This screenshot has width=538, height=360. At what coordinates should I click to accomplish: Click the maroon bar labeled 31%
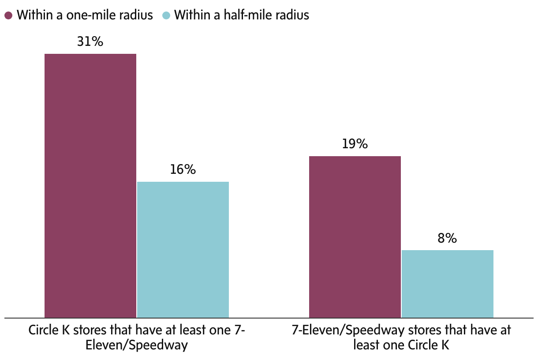(90, 185)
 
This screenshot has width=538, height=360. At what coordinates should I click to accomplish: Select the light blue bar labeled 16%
(183, 249)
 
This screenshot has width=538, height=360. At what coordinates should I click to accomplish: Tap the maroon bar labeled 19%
(355, 236)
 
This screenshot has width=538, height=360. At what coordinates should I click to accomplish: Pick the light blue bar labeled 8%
(447, 284)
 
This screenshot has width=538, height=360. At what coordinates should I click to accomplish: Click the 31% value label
(90, 42)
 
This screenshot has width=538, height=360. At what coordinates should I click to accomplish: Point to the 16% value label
(183, 170)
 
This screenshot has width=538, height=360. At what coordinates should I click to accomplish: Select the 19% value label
(355, 144)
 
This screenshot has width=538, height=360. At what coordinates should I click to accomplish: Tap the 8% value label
(447, 239)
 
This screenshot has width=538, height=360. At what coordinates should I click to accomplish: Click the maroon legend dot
(8, 15)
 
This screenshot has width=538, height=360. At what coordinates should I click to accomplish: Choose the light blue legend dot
(166, 15)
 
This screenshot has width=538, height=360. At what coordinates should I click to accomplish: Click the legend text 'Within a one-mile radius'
(85, 15)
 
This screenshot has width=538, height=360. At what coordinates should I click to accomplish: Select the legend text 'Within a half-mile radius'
(242, 15)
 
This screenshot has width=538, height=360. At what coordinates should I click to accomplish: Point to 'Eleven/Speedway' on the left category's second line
(136, 345)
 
